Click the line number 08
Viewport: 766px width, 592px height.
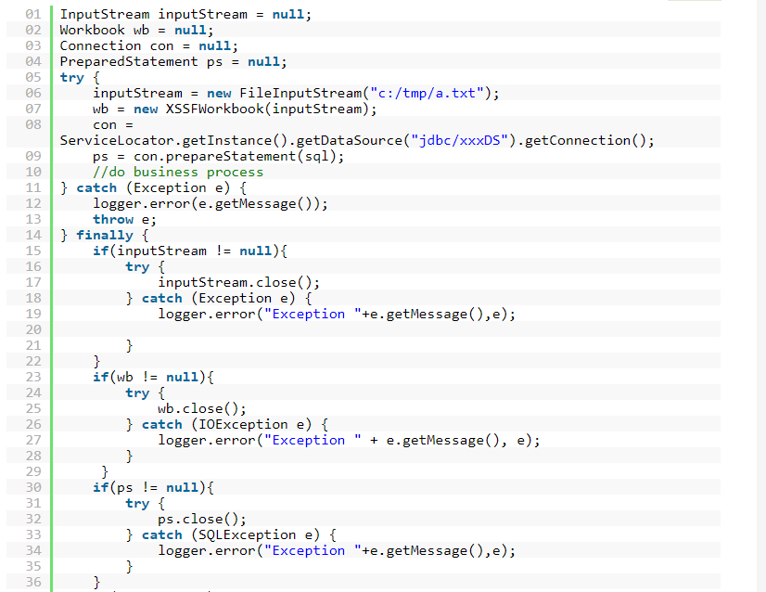point(33,124)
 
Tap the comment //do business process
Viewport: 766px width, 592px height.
point(178,172)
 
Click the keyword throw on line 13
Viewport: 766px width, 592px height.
point(113,219)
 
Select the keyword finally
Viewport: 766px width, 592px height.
point(105,235)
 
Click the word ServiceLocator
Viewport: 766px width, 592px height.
point(117,140)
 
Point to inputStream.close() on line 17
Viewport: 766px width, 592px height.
point(239,282)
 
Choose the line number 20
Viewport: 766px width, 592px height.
point(33,329)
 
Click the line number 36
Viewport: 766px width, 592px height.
point(33,582)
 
